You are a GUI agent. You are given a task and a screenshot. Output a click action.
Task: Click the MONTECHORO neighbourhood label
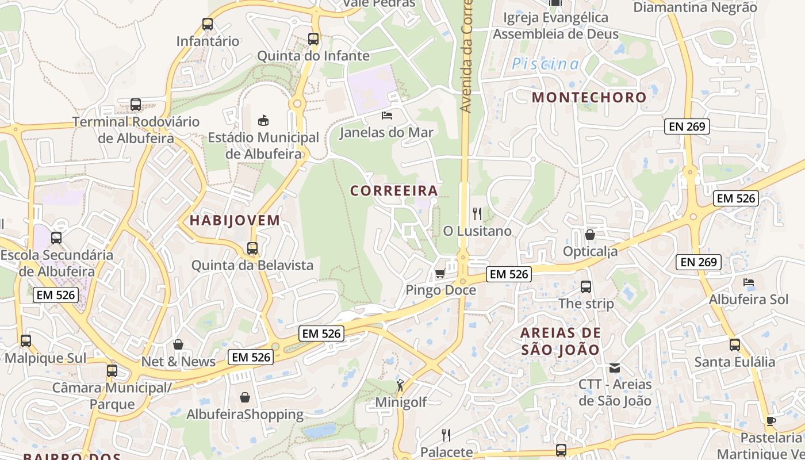point(589,97)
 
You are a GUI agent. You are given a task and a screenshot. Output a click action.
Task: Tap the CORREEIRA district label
point(394,190)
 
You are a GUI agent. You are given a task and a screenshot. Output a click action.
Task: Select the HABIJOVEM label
point(235,220)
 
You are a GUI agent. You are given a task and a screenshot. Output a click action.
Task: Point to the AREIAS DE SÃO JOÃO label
point(561,341)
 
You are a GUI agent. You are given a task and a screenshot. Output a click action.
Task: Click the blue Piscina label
point(545,64)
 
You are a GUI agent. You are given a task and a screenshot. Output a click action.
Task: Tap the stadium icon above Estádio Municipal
point(263,120)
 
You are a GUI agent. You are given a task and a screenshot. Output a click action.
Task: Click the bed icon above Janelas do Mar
point(387,116)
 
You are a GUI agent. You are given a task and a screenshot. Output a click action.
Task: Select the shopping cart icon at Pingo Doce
point(440,273)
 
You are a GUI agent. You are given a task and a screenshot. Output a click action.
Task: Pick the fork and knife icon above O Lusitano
point(477,214)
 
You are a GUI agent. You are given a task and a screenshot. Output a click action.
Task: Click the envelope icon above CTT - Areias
point(615,367)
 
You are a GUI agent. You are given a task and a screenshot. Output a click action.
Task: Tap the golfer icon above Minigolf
point(400,385)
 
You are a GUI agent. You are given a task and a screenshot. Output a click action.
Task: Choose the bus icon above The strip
point(586,286)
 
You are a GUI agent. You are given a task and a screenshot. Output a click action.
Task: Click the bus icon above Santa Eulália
point(735,345)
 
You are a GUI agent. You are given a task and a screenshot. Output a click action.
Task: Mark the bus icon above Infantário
point(208,24)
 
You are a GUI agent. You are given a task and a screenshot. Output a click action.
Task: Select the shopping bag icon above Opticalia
point(590,235)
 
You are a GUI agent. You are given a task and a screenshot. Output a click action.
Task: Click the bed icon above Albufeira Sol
point(749,282)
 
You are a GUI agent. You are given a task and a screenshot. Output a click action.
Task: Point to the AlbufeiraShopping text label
point(245,415)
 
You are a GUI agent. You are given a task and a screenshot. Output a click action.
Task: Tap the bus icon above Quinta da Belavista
point(252,248)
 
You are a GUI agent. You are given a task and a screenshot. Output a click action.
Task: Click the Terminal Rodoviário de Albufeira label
point(136,130)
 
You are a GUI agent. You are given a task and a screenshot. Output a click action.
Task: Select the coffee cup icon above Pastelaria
point(771,421)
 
